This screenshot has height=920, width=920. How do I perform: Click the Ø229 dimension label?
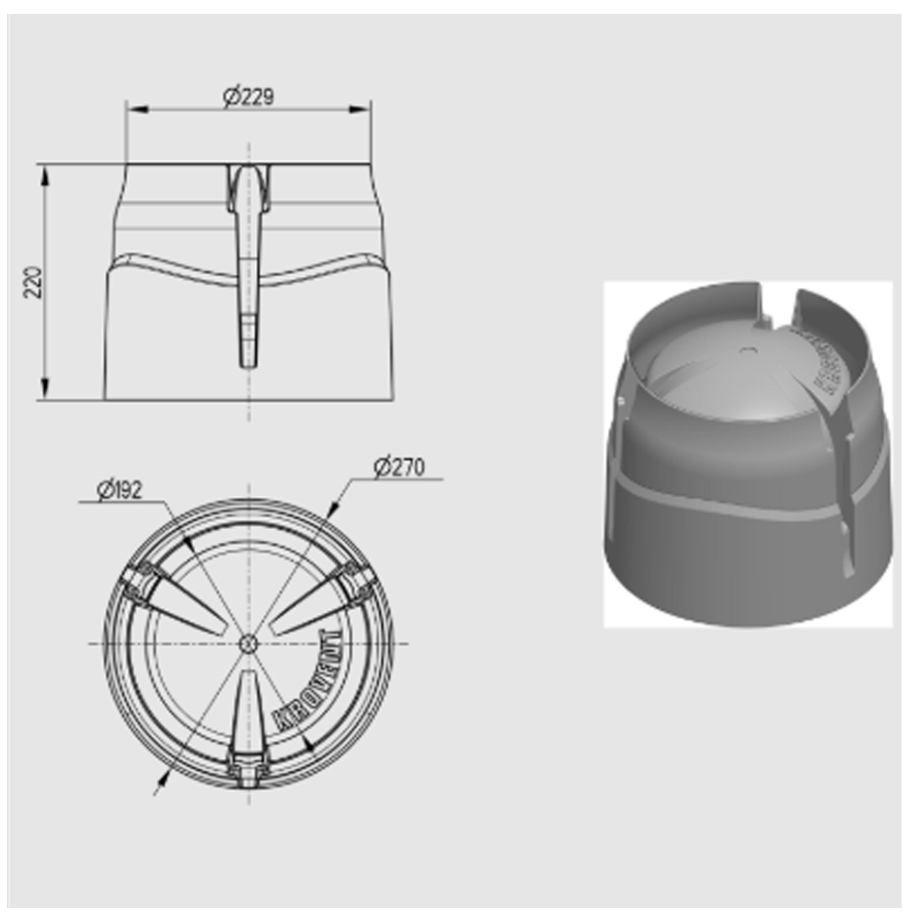[x=248, y=96]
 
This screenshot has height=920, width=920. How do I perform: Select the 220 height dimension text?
[x=33, y=282]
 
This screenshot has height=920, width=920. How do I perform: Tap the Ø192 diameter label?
[x=120, y=490]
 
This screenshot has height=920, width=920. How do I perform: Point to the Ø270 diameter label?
[x=399, y=467]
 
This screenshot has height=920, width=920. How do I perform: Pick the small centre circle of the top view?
[x=248, y=643]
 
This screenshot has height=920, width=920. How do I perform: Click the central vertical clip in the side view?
[x=248, y=267]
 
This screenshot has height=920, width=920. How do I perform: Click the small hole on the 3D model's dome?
[x=747, y=350]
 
